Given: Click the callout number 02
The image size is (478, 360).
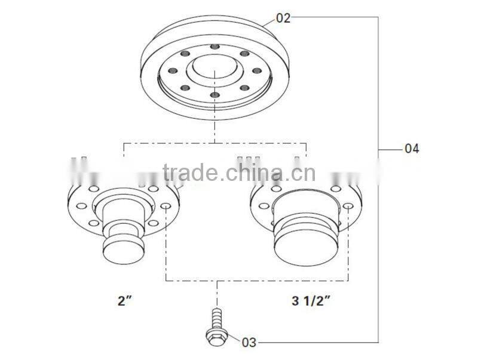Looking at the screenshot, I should coord(283,18).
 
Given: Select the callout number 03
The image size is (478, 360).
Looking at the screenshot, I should coord(249,342).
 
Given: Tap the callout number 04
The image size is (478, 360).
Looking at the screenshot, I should coord(412,148).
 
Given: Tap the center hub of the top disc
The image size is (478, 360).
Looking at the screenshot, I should coord(215,70).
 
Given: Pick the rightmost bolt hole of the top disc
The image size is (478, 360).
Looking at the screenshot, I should coord(257,70).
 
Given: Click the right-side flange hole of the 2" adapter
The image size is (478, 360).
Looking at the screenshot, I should coord(166,207).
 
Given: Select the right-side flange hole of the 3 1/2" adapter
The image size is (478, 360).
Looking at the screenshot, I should coord(348,207).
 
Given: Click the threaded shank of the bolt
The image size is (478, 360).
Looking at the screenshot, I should coord(215,318).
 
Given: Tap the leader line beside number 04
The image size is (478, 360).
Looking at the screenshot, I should coord(391,148).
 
